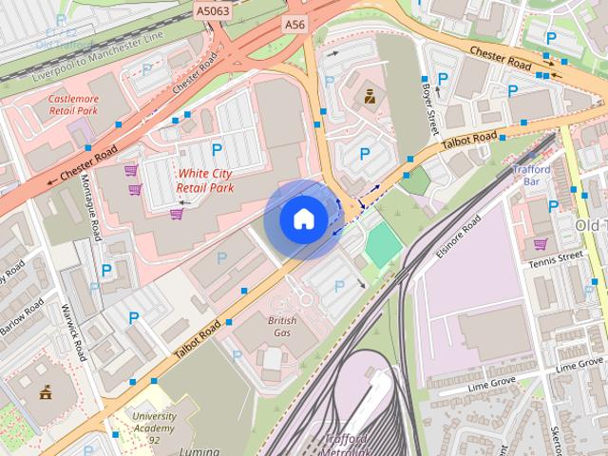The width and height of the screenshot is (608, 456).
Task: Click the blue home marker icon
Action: pos(303,218)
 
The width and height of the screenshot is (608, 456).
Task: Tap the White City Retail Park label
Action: pos(205,181)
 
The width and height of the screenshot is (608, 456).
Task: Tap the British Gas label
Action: pos(282,327)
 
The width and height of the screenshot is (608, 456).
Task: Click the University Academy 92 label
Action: pos(154,423)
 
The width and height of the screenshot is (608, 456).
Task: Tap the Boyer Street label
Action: pos(428,107)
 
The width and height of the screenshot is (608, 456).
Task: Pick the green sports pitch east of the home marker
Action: pos(383,245)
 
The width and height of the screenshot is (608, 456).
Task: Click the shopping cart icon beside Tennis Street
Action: pos(540,243)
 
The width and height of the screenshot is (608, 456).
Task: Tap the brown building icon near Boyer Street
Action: pos(369,95)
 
